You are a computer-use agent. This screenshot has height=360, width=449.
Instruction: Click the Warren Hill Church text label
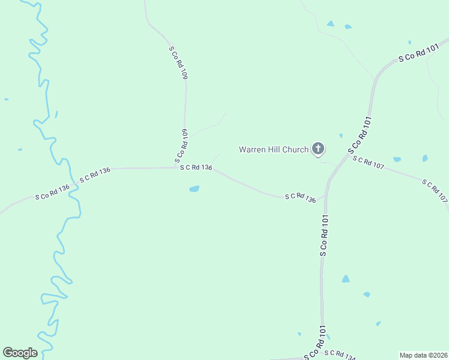pos(273,149)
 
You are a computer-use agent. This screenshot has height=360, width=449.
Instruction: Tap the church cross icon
pos(318,149)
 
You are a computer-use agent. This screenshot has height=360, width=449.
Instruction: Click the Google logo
pos(20,353)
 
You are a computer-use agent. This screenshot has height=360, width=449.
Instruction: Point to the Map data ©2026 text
pos(423,355)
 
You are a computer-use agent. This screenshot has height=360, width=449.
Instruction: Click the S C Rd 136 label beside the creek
pos(95,175)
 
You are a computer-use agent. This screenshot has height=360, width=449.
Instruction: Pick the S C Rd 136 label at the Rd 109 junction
pos(196,167)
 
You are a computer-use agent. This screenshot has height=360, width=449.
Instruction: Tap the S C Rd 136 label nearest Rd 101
pos(300,197)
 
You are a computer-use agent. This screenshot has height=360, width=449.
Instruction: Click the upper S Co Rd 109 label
pos(179,63)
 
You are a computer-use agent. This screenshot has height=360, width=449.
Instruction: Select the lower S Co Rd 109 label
pos(182,146)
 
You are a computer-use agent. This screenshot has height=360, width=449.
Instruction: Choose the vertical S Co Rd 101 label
pos(324,235)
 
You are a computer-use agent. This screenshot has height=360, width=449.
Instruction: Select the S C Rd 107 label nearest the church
pos(368,162)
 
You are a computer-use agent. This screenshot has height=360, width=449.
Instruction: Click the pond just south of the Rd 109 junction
pos(194,189)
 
